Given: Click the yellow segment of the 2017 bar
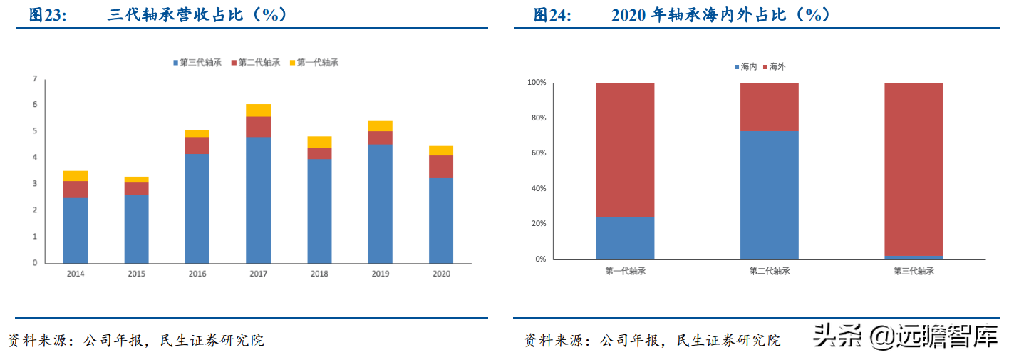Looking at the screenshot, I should pos(258,110).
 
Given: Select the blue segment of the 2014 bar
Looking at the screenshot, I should pos(75,230).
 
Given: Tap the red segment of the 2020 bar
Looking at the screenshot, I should pos(441,166).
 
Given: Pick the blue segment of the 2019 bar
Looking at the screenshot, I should pos(380,203).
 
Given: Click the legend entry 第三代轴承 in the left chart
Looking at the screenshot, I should pos(197,63).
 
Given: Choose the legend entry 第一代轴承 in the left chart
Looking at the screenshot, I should pos(314,63).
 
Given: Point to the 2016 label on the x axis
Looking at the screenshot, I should pos(197,273).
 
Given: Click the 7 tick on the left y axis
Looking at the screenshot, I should pos(34,78).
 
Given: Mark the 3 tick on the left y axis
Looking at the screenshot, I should pos(34,184).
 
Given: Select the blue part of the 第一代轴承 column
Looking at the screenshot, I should pos(625,238).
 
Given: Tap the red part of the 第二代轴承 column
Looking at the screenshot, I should pos(769,107).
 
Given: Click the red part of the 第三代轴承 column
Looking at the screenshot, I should pos(913,169).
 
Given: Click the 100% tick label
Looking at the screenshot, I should pos(536,83).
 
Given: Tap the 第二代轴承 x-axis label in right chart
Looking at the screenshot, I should pos(769,271).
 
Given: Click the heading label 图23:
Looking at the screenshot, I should pos(47,15).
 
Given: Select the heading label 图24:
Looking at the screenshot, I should pos(552,15).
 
